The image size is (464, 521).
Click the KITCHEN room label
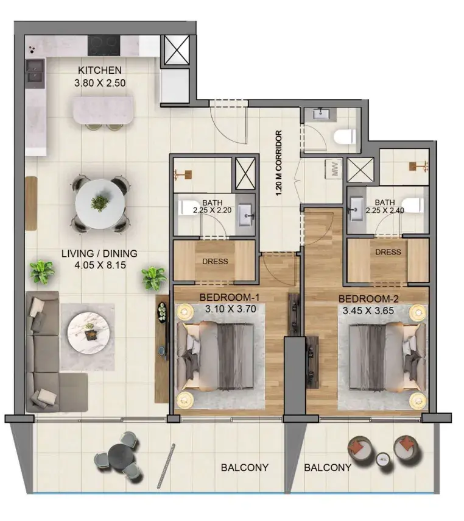point(100,70)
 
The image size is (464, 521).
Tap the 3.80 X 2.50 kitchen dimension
point(100,83)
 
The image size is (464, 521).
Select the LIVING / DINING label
point(99,254)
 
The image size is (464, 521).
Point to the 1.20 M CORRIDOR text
point(279,163)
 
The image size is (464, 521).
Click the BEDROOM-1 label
point(229,297)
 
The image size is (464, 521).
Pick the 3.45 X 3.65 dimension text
point(368,311)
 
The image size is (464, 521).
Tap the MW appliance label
point(334,170)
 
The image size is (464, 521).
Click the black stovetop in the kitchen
point(104,46)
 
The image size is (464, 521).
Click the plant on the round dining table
point(99,203)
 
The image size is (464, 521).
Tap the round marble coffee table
point(88,332)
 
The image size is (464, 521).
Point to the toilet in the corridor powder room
point(345,137)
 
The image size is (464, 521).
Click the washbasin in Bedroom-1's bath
point(246,215)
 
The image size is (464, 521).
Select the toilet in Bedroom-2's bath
point(413,206)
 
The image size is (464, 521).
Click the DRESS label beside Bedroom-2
point(388,252)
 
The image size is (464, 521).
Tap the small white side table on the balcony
point(384,459)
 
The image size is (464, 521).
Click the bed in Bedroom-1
point(216,356)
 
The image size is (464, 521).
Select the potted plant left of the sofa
point(42,272)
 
